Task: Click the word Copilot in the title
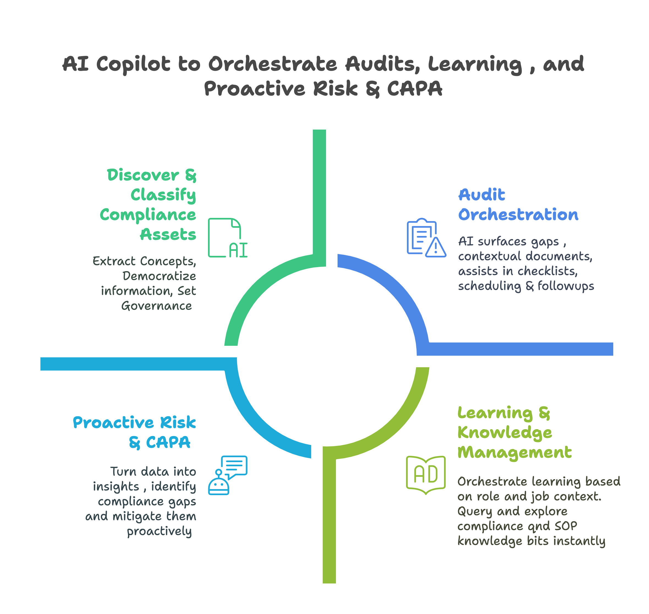pyautogui.click(x=133, y=64)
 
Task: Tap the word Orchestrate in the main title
pyautogui.click(x=273, y=64)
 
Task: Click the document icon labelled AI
pyautogui.click(x=228, y=238)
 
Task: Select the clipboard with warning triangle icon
pyautogui.click(x=426, y=238)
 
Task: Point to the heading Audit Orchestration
pyautogui.click(x=518, y=205)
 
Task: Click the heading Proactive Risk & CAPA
pyautogui.click(x=135, y=433)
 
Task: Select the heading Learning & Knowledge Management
pyautogui.click(x=514, y=433)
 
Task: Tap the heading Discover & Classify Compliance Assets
pyautogui.click(x=148, y=205)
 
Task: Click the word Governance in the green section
pyautogui.click(x=157, y=306)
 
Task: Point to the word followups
pyautogui.click(x=566, y=286)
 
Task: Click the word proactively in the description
pyautogui.click(x=159, y=531)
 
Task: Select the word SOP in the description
pyautogui.click(x=566, y=526)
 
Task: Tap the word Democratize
pyautogui.click(x=159, y=276)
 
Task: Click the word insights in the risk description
pyautogui.click(x=116, y=487)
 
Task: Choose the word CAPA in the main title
pyautogui.click(x=415, y=88)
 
